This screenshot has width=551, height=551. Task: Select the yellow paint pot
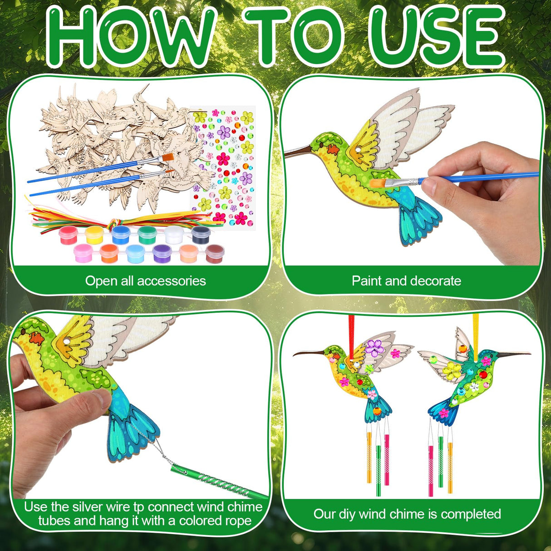tap(93, 235)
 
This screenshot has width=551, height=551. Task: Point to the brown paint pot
tap(215, 253)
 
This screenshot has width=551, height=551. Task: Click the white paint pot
tap(174, 235)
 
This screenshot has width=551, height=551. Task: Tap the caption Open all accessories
tap(145, 281)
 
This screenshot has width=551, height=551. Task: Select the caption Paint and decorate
tap(406, 281)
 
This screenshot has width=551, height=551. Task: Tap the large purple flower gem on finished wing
tap(375, 348)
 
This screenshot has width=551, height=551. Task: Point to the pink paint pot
tap(83, 253)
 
